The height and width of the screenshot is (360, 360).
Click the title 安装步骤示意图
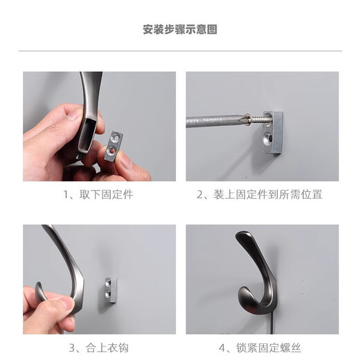(180, 30)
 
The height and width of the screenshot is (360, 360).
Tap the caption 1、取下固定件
(98, 195)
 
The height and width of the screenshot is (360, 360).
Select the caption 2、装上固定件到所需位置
(260, 195)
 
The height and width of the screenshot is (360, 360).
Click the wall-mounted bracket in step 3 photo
(111, 291)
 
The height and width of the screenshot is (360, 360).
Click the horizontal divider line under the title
(180, 51)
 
